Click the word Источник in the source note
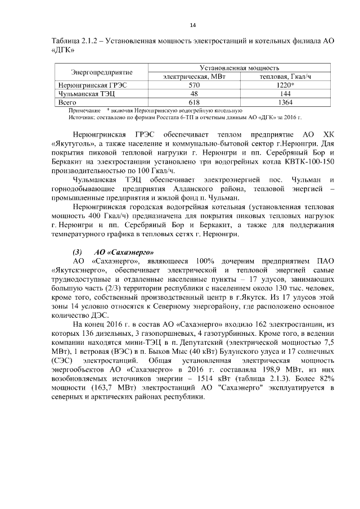[81, 117]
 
